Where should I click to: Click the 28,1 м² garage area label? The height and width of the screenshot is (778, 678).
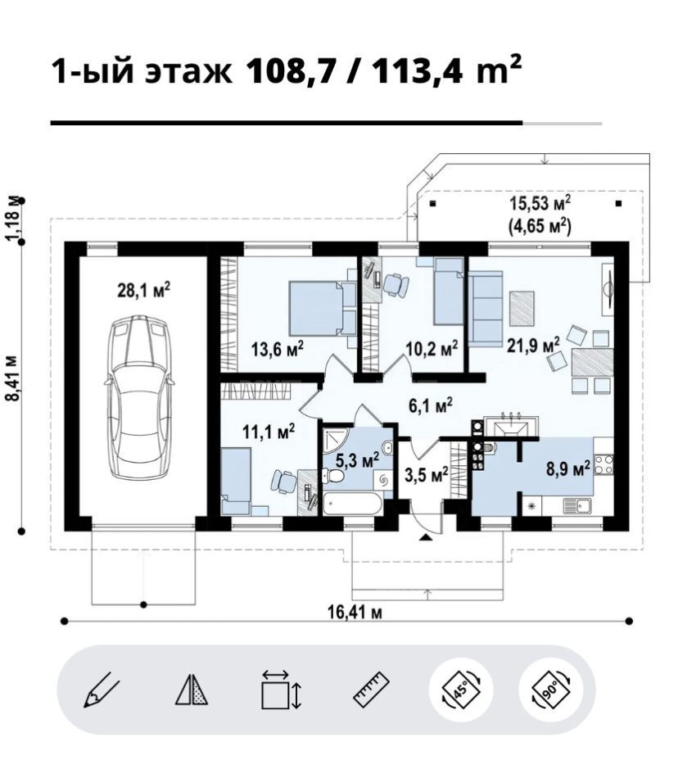pyautogui.click(x=144, y=290)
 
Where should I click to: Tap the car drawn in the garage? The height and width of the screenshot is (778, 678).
pyautogui.click(x=140, y=397)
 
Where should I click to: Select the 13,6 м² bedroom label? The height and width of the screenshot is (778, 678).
pyautogui.click(x=278, y=350)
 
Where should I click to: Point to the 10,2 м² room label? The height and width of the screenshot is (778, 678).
pyautogui.click(x=432, y=348)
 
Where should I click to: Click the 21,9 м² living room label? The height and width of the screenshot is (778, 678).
pyautogui.click(x=533, y=345)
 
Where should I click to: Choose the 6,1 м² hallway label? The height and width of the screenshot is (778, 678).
pyautogui.click(x=430, y=405)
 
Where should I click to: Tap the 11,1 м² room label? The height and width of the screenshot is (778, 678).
pyautogui.click(x=269, y=431)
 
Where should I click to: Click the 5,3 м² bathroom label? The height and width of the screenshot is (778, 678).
pyautogui.click(x=357, y=460)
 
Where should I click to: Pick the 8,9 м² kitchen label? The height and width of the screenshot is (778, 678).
pyautogui.click(x=568, y=468)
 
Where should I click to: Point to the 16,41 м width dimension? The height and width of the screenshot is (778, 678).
pyautogui.click(x=355, y=612)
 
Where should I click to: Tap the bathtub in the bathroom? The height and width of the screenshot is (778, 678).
pyautogui.click(x=353, y=504)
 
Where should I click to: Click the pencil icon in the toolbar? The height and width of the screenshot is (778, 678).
pyautogui.click(x=102, y=690)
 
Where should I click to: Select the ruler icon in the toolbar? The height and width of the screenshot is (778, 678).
pyautogui.click(x=371, y=690)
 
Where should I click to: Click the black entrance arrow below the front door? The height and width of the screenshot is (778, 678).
pyautogui.click(x=426, y=538)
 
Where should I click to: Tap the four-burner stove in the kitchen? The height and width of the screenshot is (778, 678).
pyautogui.click(x=603, y=464)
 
